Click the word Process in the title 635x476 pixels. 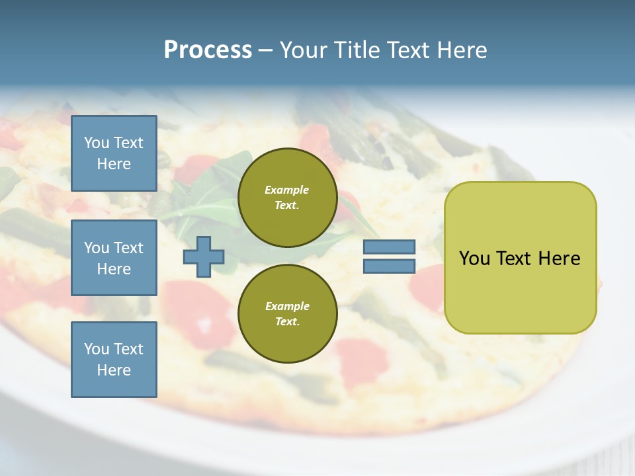(x=208, y=50)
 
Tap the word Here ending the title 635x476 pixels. (x=461, y=50)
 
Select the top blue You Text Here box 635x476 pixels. (x=114, y=153)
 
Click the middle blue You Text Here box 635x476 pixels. (x=114, y=258)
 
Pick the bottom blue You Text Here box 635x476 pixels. (x=114, y=359)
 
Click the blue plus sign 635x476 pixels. (x=204, y=257)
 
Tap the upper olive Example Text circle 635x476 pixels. (x=287, y=197)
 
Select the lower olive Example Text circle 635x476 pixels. (x=287, y=313)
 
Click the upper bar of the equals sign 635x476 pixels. (x=389, y=247)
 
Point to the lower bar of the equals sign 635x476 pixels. (x=389, y=266)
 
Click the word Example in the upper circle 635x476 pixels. (x=287, y=190)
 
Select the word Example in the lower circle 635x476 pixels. (x=287, y=306)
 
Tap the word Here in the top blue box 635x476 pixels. (x=114, y=164)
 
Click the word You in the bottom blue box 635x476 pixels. (x=97, y=348)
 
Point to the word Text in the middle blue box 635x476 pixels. (x=128, y=248)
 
